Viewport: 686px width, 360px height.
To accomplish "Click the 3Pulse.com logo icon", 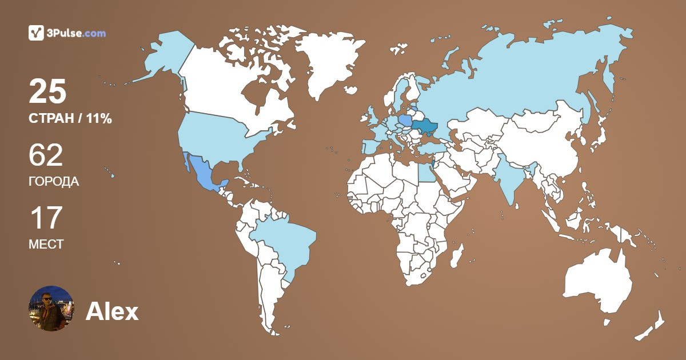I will [x=36, y=33].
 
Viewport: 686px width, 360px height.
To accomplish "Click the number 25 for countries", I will [x=48, y=92].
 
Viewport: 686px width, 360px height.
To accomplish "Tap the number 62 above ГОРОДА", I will [x=46, y=155].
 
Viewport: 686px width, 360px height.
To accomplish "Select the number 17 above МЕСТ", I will [x=45, y=218].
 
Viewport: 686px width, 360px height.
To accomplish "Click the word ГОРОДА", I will [x=54, y=182].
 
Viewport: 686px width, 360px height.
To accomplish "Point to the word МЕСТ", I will [x=46, y=244].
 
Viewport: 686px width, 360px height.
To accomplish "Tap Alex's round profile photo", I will [x=51, y=309].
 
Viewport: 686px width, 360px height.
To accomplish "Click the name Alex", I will [x=112, y=312].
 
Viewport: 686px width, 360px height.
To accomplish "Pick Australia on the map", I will [x=597, y=283].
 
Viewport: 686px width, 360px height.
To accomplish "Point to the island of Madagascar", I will [x=456, y=255].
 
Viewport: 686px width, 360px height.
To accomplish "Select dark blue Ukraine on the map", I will [x=426, y=126].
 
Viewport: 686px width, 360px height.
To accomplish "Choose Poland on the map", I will [x=405, y=121].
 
